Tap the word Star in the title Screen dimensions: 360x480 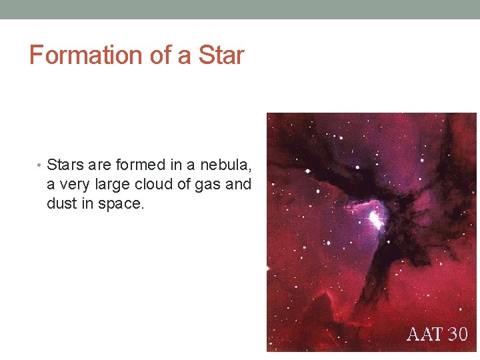point(221,55)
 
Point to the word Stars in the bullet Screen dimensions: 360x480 point(64,165)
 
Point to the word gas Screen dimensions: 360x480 point(210,185)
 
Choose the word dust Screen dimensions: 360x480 point(61,203)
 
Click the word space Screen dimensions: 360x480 point(120,204)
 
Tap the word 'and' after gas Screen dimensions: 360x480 point(239,184)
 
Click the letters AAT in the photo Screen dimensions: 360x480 point(425,334)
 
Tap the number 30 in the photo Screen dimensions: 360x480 point(459,334)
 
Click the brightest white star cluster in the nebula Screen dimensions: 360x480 point(375,218)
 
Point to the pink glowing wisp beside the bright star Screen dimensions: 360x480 point(357,206)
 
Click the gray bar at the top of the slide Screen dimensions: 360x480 point(240,9)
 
